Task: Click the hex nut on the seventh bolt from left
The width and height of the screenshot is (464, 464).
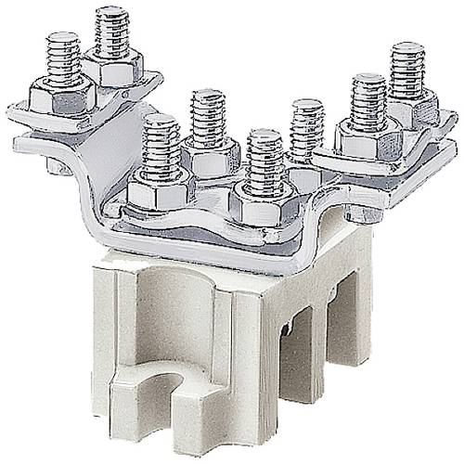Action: pyautogui.click(x=367, y=137)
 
